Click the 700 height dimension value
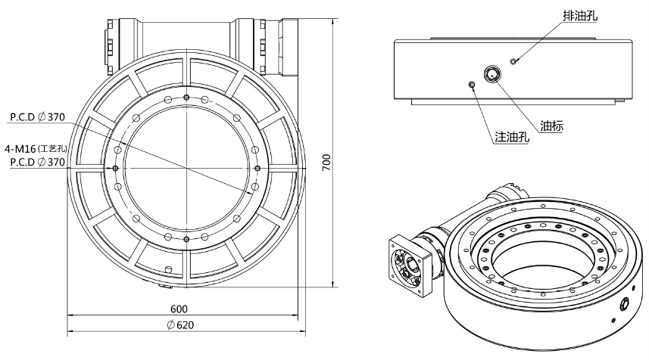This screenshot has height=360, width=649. (327, 163)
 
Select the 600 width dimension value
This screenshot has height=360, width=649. (179, 309)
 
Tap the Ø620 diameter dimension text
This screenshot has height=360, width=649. (181, 325)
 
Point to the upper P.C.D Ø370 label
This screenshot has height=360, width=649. (38, 117)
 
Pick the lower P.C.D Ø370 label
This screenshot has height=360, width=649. (38, 162)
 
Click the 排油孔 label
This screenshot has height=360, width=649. (581, 16)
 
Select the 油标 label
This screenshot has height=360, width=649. (552, 126)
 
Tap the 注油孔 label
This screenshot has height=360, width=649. (512, 136)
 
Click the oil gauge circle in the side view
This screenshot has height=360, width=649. (493, 74)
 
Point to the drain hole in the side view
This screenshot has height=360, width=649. (513, 61)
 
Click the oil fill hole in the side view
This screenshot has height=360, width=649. (471, 85)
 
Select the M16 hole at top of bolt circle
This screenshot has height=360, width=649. (186, 97)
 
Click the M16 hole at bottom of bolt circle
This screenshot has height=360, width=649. (186, 239)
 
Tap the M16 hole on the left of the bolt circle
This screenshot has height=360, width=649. (116, 168)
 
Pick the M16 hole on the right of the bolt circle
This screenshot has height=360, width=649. (257, 168)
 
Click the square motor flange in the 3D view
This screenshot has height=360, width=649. (410, 265)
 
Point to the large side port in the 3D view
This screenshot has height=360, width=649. (624, 304)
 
